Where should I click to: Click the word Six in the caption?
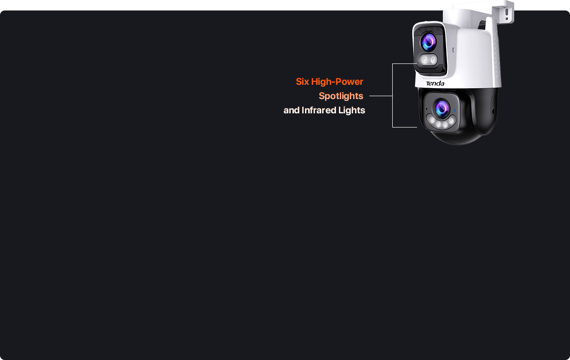[x=303, y=82]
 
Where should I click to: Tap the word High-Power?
[x=337, y=82]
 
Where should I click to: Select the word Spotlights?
[x=341, y=96]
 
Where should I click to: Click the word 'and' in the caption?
[x=292, y=110]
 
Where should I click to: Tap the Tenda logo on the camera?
[x=435, y=83]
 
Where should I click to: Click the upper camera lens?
[x=429, y=42]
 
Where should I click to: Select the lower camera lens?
[x=442, y=108]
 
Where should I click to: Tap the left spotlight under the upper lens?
[x=425, y=60]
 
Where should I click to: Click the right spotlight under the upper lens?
[x=433, y=60]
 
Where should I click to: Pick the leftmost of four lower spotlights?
[x=432, y=120]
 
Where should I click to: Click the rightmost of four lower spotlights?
[x=451, y=120]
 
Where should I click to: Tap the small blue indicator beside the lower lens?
[x=455, y=110]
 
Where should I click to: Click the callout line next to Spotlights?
[x=381, y=96]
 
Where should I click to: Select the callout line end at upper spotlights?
[x=417, y=64]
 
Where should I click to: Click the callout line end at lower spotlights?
[x=417, y=127]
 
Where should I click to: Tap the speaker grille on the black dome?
[x=493, y=106]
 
